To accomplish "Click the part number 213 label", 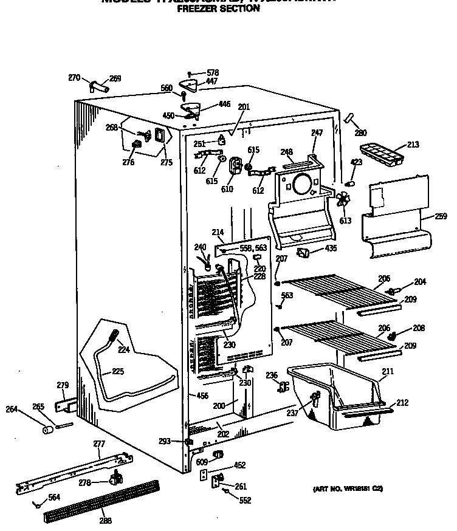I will coord(413,145).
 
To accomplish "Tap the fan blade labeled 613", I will coord(345,200).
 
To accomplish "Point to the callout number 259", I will coord(441,216).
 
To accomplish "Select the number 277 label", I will coord(99,444).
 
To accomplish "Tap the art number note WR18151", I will coord(348,488).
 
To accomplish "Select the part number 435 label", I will coord(331,250).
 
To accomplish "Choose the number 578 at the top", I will coord(212,73).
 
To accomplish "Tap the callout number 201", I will coord(244,107).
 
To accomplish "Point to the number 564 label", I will coord(54,498).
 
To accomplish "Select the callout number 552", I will coord(244,501).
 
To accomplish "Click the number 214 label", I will coord(218,232).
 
